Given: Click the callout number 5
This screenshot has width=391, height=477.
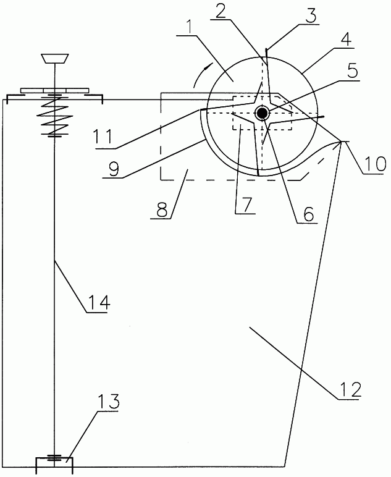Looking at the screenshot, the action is click(352, 71).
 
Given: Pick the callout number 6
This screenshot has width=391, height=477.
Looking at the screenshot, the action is click(308, 214).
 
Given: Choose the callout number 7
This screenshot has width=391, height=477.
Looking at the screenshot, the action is click(246, 204).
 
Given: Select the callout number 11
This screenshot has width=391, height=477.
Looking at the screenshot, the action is click(104, 136).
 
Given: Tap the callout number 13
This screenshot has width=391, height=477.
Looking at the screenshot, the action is click(108, 402).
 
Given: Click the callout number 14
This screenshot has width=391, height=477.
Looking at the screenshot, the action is click(98, 302).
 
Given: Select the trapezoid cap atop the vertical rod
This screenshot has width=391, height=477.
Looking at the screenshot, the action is click(55, 59).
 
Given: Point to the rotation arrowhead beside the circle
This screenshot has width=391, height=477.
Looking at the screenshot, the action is click(208, 66).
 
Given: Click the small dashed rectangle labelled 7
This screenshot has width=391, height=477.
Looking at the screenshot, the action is click(263, 113).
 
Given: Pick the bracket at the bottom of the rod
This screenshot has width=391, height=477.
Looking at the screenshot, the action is click(54, 465).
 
